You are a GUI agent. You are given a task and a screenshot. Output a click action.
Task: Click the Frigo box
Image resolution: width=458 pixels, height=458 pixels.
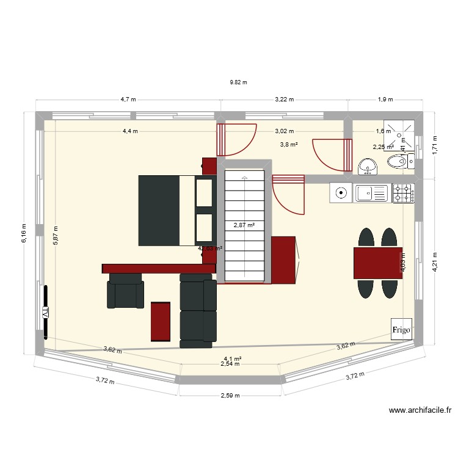401,329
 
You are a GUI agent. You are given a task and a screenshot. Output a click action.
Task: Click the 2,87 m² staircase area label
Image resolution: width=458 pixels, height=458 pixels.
244,225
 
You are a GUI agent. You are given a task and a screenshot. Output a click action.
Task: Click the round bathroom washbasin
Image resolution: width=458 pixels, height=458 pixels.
367,165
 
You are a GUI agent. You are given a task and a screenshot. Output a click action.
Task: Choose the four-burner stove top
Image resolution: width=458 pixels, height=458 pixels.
403,193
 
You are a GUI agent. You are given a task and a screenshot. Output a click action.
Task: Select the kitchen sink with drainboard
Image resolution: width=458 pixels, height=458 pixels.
372,193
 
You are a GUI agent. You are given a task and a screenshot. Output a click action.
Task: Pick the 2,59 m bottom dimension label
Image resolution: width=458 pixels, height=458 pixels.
230,395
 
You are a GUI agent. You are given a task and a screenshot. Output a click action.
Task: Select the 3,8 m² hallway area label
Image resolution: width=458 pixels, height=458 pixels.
288,145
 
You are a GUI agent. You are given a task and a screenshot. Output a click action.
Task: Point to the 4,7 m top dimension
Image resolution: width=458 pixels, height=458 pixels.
128,99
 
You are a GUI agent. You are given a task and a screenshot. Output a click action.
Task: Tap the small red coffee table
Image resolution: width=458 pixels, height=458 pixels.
161,321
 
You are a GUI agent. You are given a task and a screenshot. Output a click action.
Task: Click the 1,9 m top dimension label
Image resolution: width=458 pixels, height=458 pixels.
385,99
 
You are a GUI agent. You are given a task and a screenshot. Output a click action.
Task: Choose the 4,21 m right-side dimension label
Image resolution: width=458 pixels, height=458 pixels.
435,263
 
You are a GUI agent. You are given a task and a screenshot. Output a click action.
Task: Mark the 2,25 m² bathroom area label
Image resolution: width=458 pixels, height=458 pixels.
383,147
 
